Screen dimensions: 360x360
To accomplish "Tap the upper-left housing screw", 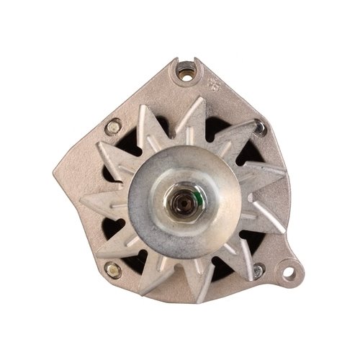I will point(112,129).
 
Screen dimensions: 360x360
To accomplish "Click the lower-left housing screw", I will point(112,270).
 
